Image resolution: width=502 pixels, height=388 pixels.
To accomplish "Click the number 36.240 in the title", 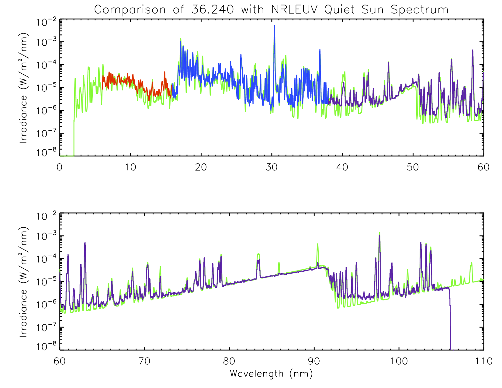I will (213, 10).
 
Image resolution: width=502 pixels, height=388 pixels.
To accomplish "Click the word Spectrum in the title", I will (420, 10).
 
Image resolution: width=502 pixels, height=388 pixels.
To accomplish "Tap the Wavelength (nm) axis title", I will (271, 374).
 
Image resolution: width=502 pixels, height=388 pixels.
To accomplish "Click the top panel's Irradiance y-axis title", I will (24, 88).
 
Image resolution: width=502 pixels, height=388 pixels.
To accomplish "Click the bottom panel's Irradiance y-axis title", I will (24, 282).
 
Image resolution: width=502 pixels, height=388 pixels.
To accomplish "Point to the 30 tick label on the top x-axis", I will (271, 167).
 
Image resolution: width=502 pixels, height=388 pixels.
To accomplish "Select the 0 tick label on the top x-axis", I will (60, 167).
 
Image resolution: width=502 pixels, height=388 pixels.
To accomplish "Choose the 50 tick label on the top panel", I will (413, 167).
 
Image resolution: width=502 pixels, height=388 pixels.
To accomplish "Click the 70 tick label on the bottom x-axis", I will (144, 361).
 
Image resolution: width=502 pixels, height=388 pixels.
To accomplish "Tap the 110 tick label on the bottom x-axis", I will (483, 361).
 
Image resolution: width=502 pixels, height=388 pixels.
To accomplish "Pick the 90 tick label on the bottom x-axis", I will (314, 361).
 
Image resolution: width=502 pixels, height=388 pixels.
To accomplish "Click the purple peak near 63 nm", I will (85, 244).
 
